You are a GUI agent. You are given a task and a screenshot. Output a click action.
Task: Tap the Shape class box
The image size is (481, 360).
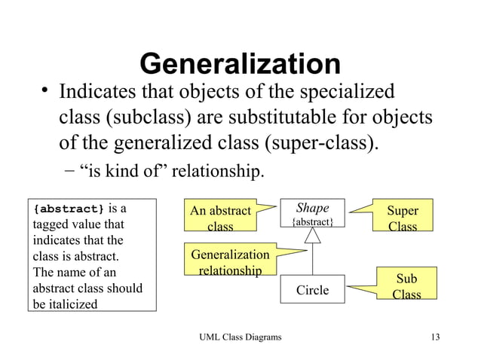[x=312, y=213]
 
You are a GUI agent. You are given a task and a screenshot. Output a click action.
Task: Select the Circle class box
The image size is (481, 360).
[x=312, y=290]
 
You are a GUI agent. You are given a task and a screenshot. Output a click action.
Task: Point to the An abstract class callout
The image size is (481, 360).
[x=220, y=218]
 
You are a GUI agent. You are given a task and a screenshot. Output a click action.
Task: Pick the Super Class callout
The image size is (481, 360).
[x=403, y=218]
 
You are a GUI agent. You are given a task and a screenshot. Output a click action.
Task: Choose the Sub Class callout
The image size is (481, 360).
[x=406, y=286]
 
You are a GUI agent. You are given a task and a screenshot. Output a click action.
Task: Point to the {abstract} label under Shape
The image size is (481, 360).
[x=312, y=222]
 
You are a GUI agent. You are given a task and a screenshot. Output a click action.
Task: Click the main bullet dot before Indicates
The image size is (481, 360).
[x=45, y=93]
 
